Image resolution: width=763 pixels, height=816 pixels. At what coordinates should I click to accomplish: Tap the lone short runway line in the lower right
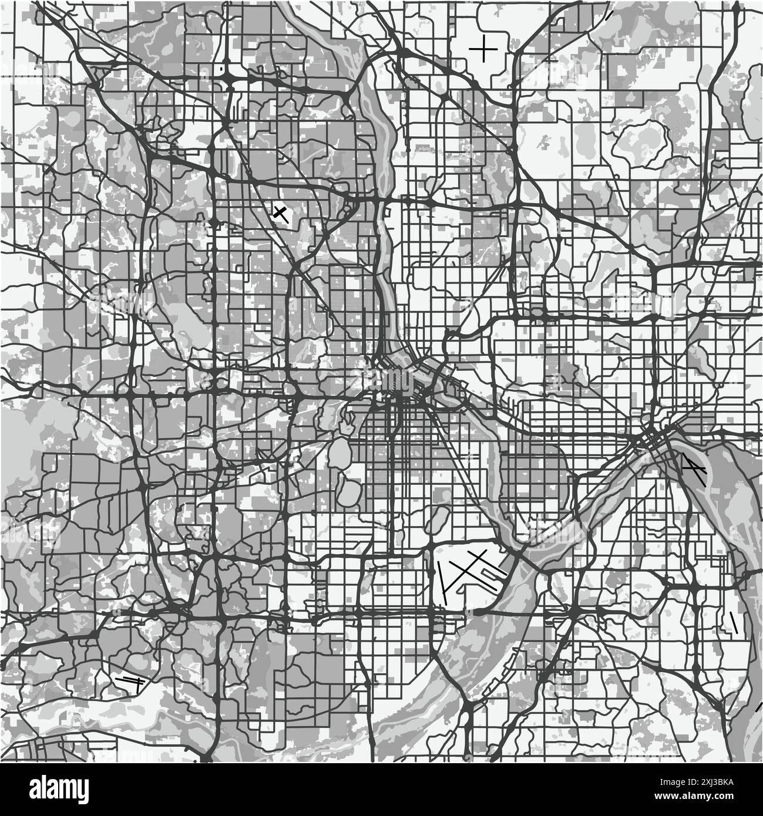coord(732,623)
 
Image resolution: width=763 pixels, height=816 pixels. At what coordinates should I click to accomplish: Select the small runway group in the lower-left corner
coord(130,681)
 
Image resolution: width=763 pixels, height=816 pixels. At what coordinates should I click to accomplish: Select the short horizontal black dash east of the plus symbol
coord(550,59)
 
